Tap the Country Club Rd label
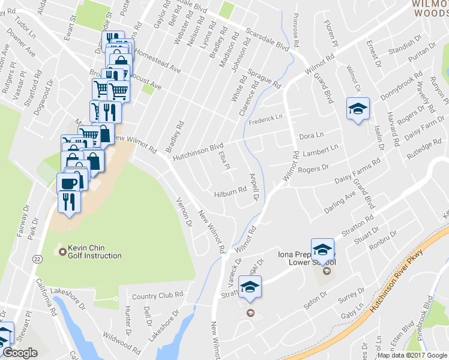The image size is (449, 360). (x=157, y=295)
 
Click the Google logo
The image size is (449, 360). (x=20, y=353)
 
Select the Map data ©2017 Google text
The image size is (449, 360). (x=413, y=355)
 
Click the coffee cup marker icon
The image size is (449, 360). (x=68, y=183)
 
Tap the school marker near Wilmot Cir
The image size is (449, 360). (x=358, y=109)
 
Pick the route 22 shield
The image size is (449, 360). (x=38, y=259)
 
